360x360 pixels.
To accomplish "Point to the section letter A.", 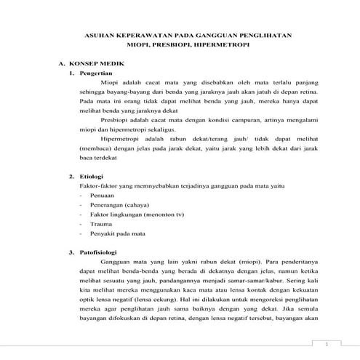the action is coord(62,64).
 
